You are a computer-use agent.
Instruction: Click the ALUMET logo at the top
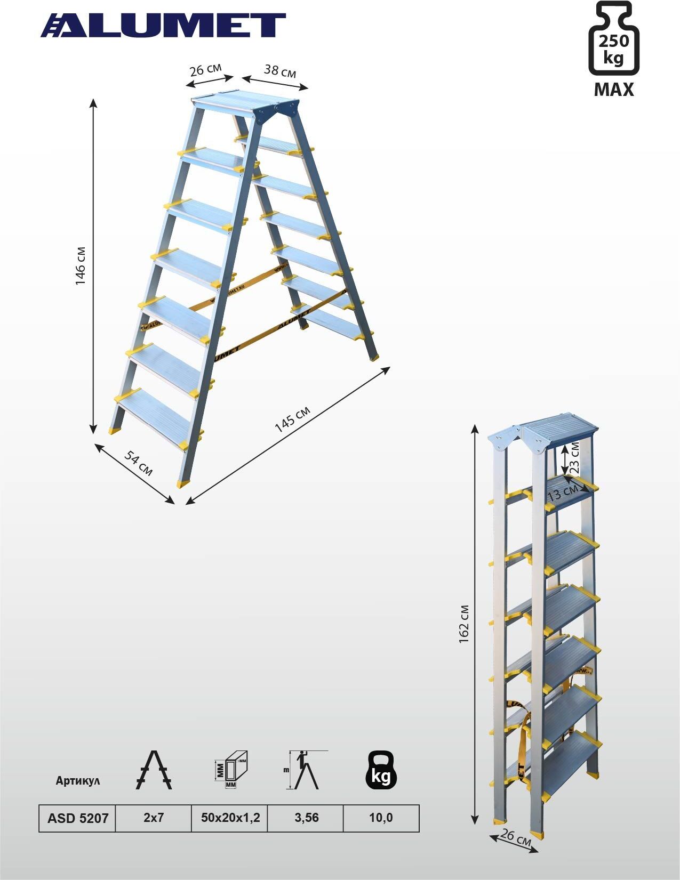click(163, 25)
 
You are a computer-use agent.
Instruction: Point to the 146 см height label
click(80, 265)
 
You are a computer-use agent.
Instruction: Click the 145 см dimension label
click(293, 419)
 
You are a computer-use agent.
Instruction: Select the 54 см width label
click(138, 463)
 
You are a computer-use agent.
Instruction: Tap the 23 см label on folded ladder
click(574, 458)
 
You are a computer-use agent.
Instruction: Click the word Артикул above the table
click(77, 780)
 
